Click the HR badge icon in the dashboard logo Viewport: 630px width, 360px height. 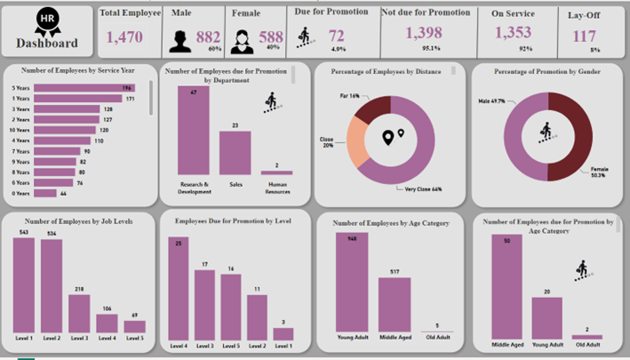pyautogui.click(x=47, y=20)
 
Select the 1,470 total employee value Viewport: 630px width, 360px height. pyautogui.click(x=124, y=37)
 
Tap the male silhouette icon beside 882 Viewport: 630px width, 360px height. pyautogui.click(x=181, y=38)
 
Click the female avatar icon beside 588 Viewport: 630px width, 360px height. pyautogui.click(x=240, y=38)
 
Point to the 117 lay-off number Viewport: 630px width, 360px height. pyautogui.click(x=584, y=36)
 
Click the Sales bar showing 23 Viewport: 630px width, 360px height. pyautogui.click(x=235, y=152)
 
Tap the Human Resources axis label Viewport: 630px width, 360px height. pyautogui.click(x=276, y=188)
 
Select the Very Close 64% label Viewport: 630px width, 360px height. pyautogui.click(x=424, y=188)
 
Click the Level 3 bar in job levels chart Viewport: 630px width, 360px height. pyautogui.click(x=80, y=313)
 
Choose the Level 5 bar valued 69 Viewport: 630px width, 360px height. pyautogui.click(x=135, y=326)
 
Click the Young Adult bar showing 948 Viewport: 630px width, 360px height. pyautogui.click(x=352, y=285)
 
